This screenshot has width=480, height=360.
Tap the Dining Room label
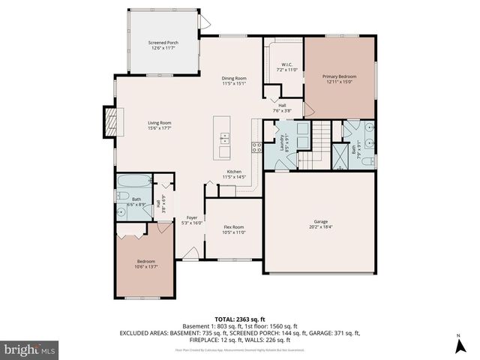point(234,80)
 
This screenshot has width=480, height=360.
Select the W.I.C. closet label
point(287,67)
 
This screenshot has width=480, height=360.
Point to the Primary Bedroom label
point(339,79)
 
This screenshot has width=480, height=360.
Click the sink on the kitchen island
point(223,136)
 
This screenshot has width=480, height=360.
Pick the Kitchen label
point(234,174)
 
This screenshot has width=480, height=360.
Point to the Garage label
point(320,224)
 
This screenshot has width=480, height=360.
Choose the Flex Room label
point(234,229)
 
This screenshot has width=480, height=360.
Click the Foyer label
point(192,220)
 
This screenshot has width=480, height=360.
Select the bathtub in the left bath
point(132,181)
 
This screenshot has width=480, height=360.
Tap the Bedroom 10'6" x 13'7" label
point(142,264)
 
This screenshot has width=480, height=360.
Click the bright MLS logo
point(30,349)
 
